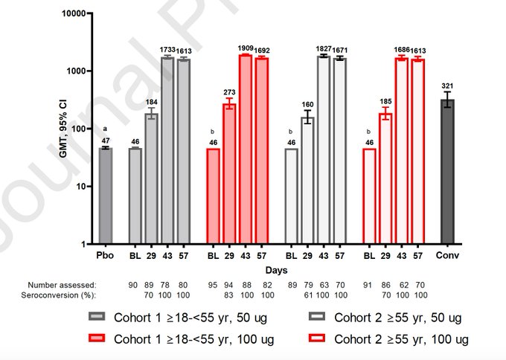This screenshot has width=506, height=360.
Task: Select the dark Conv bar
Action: pos(447,171)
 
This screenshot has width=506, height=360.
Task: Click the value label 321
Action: pos(447,85)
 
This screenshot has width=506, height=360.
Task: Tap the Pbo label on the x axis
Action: pos(105,257)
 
